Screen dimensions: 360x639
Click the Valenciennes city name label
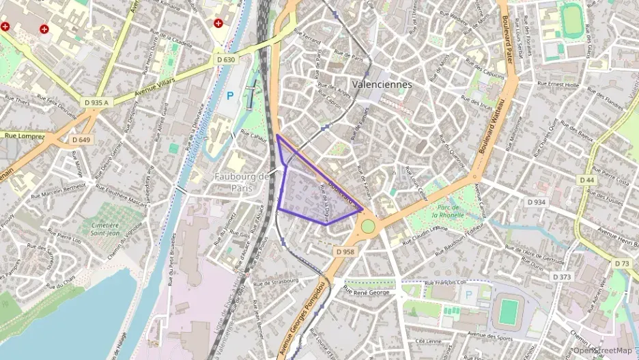point(382,85)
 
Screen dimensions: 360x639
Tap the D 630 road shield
point(226,59)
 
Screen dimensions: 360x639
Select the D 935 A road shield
point(96,102)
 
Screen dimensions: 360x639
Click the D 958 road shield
point(345,251)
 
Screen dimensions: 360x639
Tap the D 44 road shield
point(587,179)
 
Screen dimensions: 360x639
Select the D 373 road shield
point(560,277)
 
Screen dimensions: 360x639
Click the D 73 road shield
point(622,263)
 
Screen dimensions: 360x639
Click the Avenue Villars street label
point(154,87)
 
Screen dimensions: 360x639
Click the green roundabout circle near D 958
point(368,226)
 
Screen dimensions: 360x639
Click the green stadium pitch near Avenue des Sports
point(507,311)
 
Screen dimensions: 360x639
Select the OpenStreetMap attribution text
point(603,351)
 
